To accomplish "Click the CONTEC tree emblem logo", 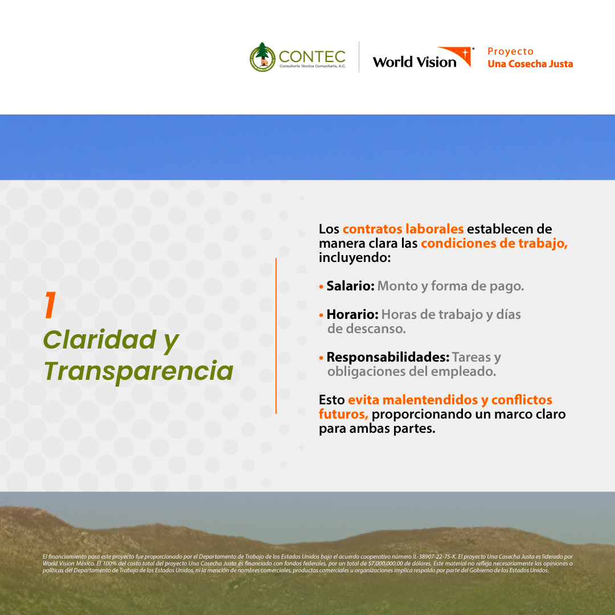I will point(262,57).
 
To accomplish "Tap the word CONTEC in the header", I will point(312,56).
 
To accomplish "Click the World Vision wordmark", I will point(415,62).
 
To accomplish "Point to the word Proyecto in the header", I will point(510,51).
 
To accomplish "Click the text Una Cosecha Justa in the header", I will point(530,64).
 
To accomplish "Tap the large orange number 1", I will point(50,305).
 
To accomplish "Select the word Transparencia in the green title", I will point(138,371).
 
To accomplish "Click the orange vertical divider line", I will point(276,336).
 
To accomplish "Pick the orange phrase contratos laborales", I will point(403,229).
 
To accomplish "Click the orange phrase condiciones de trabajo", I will point(494,243).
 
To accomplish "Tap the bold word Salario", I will point(350,286).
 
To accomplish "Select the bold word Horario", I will point(352,314).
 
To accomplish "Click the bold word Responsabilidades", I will point(388,358).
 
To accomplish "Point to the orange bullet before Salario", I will point(322,286).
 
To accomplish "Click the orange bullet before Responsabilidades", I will point(322,358).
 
